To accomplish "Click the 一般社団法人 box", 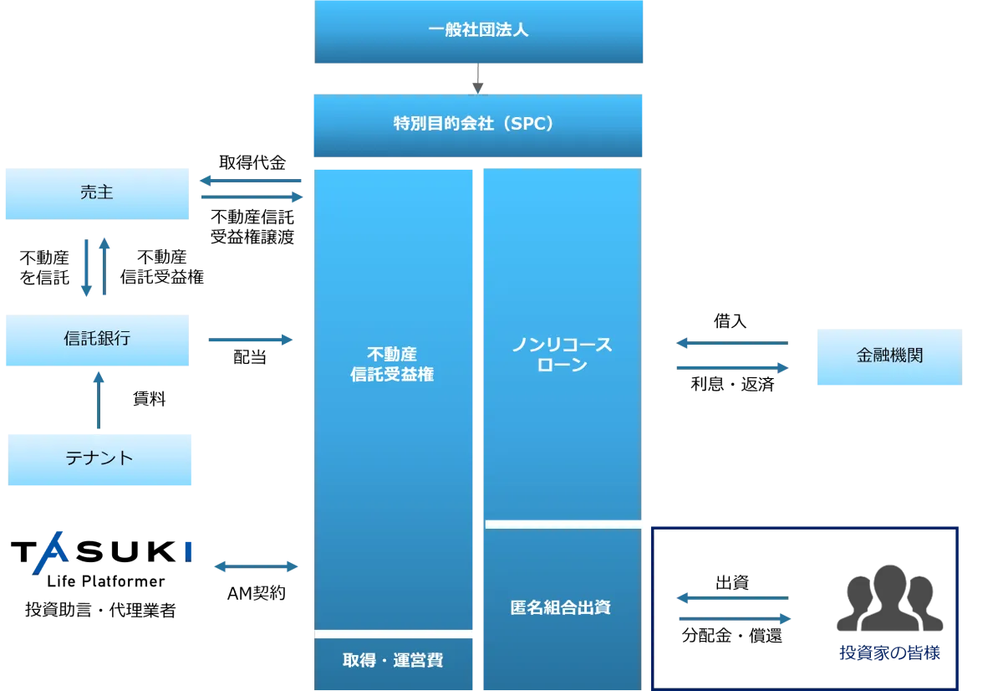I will [481, 32].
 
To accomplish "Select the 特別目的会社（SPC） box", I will [477, 125].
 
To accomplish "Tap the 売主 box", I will [97, 193].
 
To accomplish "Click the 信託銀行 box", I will [97, 340].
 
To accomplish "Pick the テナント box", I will [99, 458].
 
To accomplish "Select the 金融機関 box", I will [889, 356].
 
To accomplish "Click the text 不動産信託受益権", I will [392, 365].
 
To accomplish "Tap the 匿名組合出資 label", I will [561, 607].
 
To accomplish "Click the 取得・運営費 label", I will [393, 661].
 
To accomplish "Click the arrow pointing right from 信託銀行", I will [251, 340].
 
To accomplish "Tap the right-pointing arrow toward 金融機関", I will [732, 367].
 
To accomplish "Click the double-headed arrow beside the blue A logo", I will [257, 566].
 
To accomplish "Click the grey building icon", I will [891, 598].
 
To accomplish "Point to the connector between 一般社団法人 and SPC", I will [477, 87].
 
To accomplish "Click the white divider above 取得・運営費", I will [394, 634].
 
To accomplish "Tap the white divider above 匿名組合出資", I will [567, 524].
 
